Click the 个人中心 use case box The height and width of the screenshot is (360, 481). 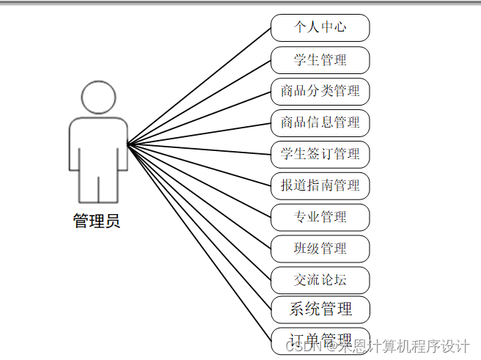point(320,28)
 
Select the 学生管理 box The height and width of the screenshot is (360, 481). point(320,59)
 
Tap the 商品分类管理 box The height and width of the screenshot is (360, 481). point(320,91)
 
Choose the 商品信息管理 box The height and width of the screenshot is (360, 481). point(320,122)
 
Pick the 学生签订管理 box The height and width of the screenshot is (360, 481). point(320,154)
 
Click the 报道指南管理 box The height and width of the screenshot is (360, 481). point(320,185)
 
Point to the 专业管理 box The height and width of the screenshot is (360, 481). point(320,217)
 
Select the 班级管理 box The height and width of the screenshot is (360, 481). point(320,249)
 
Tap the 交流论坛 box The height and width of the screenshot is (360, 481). point(320,280)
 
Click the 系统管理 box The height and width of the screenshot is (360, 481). point(320,309)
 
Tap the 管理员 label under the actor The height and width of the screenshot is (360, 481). point(97,221)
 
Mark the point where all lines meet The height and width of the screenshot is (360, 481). point(128,144)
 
